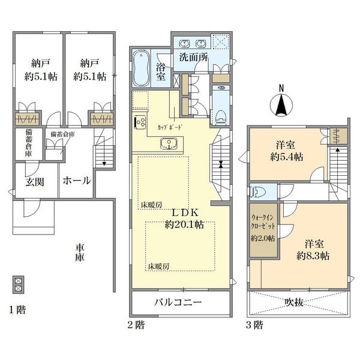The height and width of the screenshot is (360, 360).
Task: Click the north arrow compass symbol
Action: coord(281,103)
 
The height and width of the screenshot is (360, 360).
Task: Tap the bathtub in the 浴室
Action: coord(141,68)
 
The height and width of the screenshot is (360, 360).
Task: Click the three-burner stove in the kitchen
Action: coord(140,121)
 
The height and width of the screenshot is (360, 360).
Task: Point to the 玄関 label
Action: coord(35,182)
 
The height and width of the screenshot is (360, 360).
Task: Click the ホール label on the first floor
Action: coord(77,181)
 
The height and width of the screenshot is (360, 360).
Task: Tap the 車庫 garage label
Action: coord(80,253)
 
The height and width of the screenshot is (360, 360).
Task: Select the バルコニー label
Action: coord(178,302)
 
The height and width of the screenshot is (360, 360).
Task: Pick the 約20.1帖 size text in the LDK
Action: coord(184,225)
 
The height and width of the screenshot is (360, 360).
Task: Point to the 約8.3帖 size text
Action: coord(313,256)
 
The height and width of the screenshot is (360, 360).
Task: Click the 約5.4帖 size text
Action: coord(287,157)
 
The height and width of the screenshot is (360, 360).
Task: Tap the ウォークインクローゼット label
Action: coord(263,222)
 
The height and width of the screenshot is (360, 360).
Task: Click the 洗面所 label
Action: coord(194,58)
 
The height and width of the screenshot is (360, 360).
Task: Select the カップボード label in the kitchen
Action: coord(170,127)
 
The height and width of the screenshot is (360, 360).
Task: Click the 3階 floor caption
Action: coord(254,325)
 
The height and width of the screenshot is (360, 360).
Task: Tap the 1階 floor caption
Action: coord(17,310)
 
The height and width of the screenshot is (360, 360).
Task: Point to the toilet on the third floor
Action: coord(258,191)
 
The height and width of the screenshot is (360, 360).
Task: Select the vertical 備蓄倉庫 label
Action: coord(29,143)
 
